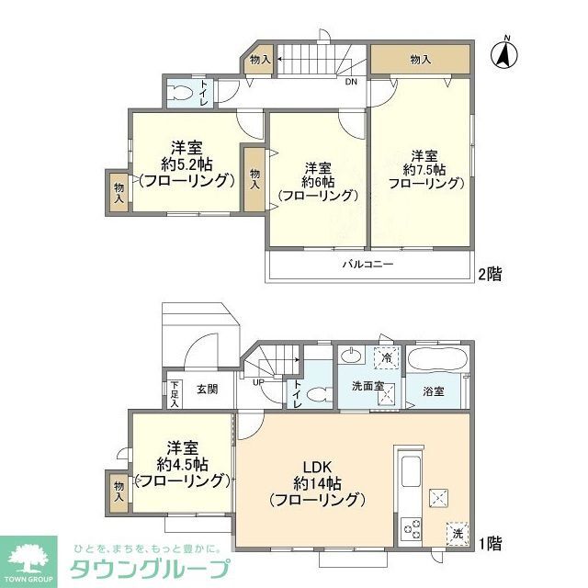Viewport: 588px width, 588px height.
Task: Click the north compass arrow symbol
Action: click(x=504, y=52)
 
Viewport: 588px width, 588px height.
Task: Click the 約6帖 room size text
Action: click(x=317, y=181)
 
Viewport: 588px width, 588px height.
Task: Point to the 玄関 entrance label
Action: click(x=207, y=389)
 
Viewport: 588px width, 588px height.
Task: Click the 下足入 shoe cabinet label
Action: click(x=175, y=393)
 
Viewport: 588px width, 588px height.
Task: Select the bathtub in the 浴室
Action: click(x=438, y=359)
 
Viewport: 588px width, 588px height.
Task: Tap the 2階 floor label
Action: click(x=490, y=273)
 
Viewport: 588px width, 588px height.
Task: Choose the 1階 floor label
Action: click(x=490, y=542)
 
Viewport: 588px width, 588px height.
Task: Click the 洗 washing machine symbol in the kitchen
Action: click(x=457, y=532)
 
